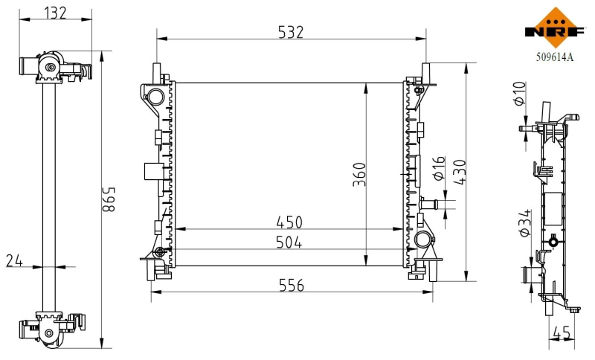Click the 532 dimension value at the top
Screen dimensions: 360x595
[x=291, y=32]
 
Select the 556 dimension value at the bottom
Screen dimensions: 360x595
[x=291, y=285]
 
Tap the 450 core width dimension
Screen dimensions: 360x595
[x=290, y=222]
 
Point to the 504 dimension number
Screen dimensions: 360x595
[x=290, y=243]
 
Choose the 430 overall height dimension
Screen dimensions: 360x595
[x=459, y=173]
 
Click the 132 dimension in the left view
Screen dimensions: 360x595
[x=56, y=12]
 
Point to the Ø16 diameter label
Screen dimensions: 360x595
[x=438, y=169]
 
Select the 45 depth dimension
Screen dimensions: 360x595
[x=563, y=335]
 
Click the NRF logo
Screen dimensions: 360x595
[x=555, y=28]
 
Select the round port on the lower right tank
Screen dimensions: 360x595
[x=422, y=240]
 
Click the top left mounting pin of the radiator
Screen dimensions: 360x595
[x=158, y=71]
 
